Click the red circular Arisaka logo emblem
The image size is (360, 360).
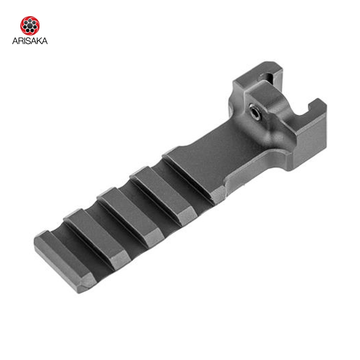30,26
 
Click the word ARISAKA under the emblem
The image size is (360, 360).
30,41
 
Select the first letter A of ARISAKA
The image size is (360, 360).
15,41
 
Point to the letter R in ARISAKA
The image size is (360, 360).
21,41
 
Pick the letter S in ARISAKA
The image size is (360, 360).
28,41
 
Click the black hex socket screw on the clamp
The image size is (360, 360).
255,112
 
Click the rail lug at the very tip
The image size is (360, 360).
64,262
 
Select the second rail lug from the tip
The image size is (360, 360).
96,239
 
